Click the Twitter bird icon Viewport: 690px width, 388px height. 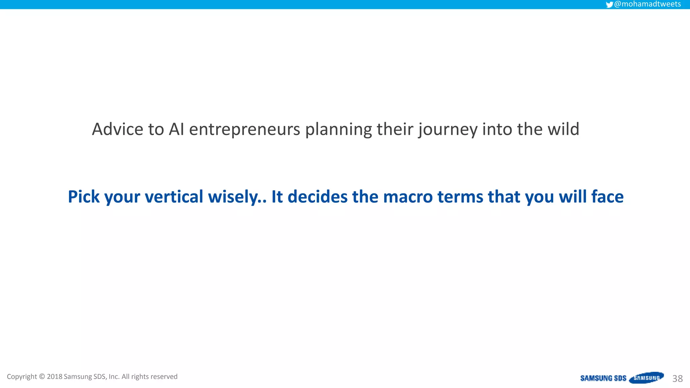click(609, 5)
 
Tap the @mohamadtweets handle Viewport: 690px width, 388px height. click(647, 4)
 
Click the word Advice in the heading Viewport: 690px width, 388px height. click(118, 129)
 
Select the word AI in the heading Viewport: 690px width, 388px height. click(176, 129)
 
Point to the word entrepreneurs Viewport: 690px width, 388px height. click(244, 129)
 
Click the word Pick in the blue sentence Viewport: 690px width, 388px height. click(84, 197)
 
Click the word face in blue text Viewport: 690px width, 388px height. click(607, 197)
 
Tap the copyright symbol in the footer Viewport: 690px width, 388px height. click(42, 377)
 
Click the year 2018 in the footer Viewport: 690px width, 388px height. click(55, 377)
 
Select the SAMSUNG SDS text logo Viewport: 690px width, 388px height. click(603, 378)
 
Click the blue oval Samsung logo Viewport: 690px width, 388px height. click(646, 378)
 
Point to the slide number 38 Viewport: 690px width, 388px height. click(677, 379)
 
